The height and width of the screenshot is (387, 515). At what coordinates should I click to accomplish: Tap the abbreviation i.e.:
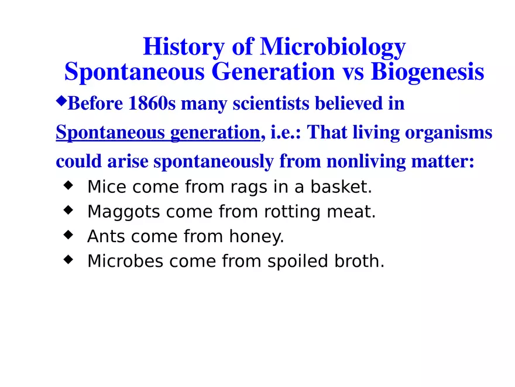pos(283,133)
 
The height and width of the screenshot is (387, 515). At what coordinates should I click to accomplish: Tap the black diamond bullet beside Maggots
pos(68,209)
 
